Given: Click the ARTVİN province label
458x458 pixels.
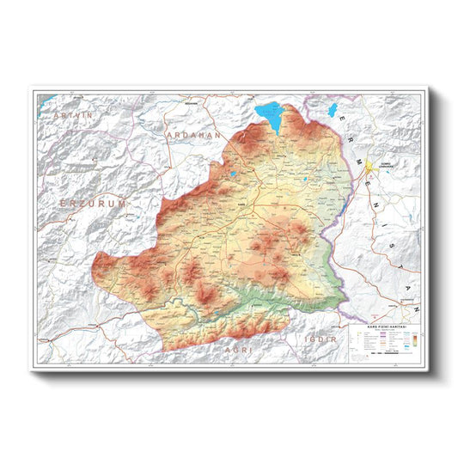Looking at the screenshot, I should (72, 114).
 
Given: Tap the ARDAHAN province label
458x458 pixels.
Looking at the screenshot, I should (194, 135).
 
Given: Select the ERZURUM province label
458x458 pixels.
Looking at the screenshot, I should (94, 203).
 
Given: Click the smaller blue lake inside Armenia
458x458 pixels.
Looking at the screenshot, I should (333, 110).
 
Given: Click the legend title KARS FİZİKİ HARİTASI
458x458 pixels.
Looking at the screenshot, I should (386, 329).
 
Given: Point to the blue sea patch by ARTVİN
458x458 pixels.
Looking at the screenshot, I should (49, 100).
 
